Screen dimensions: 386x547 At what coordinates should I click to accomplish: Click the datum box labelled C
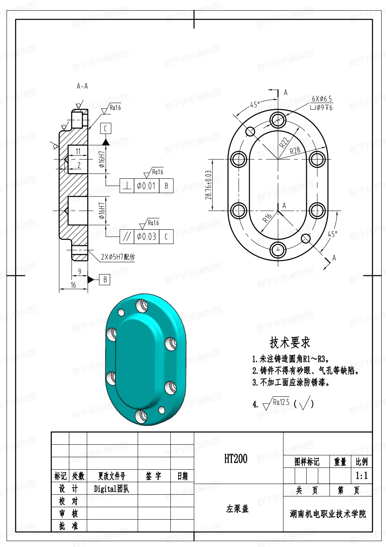[x=105, y=129]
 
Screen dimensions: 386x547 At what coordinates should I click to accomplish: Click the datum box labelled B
[x=105, y=280]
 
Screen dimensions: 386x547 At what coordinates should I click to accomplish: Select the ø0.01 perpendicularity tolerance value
[x=146, y=186]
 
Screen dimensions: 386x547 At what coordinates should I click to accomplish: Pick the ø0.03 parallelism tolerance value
[x=147, y=237]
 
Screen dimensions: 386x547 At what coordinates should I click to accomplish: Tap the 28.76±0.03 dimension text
[x=208, y=185]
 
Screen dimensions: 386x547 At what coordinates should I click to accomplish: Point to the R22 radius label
[x=284, y=142]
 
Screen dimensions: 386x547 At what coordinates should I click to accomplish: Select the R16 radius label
[x=267, y=218]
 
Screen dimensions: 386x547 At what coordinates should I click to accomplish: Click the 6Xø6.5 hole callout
[x=322, y=99]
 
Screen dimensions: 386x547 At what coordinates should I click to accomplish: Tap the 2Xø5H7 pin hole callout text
[x=118, y=257]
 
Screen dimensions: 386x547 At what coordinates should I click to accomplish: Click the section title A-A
[x=82, y=86]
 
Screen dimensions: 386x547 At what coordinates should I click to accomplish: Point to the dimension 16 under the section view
[x=73, y=285]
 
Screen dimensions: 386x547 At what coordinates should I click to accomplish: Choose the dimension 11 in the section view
[x=78, y=151]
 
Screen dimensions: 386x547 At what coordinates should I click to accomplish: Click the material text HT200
[x=236, y=458]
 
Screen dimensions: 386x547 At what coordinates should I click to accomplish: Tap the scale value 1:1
[x=362, y=475]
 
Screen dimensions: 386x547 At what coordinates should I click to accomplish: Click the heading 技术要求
[x=290, y=343]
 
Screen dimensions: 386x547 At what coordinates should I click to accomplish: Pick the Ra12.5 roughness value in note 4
[x=281, y=402]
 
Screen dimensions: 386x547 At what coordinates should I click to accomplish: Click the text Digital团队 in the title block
[x=111, y=488]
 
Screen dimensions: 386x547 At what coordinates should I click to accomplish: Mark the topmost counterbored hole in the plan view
[x=278, y=120]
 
